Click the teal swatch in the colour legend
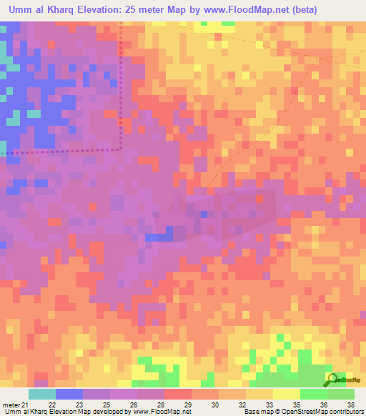pyautogui.click(x=41, y=394)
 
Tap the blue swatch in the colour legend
pyautogui.click(x=69, y=394)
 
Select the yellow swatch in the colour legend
pyautogui.click(x=286, y=394)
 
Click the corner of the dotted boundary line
pyautogui.click(x=120, y=149)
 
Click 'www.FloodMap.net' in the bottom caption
pyautogui.click(x=152, y=412)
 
